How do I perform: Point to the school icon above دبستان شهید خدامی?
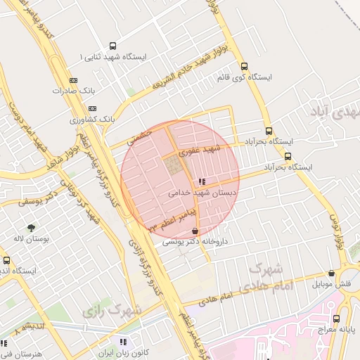(203, 181)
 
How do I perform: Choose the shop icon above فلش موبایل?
(331, 274)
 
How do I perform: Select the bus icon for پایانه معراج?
(336, 319)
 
